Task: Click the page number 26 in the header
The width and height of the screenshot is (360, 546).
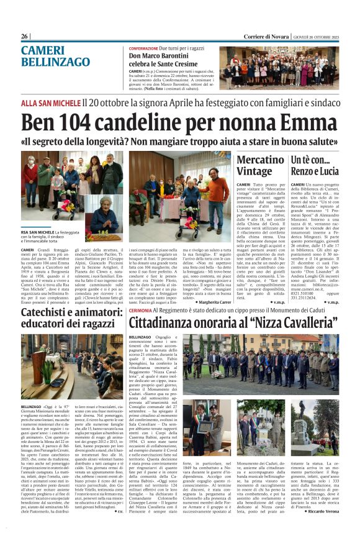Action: [x=25, y=37]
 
